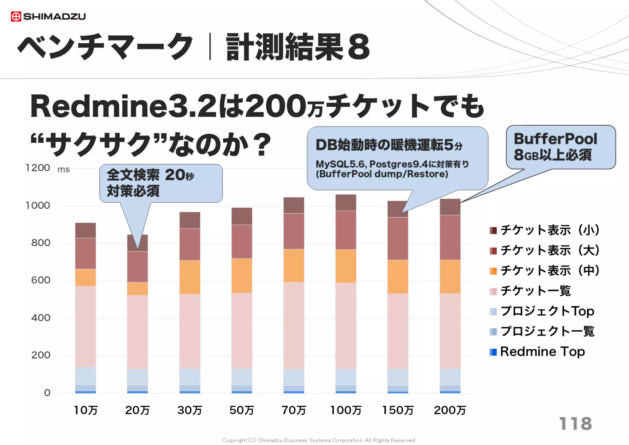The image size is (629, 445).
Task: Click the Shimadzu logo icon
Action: pyautogui.click(x=16, y=16)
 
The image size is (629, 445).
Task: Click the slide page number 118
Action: pyautogui.click(x=575, y=423)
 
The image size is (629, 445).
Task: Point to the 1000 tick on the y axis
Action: pyautogui.click(x=38, y=205)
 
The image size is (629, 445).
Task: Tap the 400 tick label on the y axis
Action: pyautogui.click(x=41, y=317)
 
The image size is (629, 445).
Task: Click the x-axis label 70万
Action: pyautogui.click(x=294, y=410)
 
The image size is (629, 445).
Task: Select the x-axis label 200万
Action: pyautogui.click(x=450, y=410)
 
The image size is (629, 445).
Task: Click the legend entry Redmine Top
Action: pyautogui.click(x=542, y=352)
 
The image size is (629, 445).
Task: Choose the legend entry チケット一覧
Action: pyautogui.click(x=535, y=291)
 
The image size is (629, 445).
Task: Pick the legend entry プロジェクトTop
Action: pyautogui.click(x=547, y=311)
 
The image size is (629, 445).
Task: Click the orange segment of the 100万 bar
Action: pyautogui.click(x=346, y=266)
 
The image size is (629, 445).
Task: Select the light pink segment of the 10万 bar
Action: pyautogui.click(x=85, y=326)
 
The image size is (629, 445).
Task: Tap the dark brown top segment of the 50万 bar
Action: pyautogui.click(x=242, y=216)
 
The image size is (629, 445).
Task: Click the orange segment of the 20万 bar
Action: pyautogui.click(x=138, y=289)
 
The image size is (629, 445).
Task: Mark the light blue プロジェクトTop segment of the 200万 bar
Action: pyautogui.click(x=450, y=377)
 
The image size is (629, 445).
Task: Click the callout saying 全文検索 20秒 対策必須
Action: pyautogui.click(x=161, y=183)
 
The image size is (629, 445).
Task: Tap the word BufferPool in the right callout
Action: pyautogui.click(x=555, y=139)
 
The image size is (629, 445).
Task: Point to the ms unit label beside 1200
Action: pyautogui.click(x=64, y=169)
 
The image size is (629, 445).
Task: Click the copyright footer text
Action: pyautogui.click(x=318, y=440)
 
